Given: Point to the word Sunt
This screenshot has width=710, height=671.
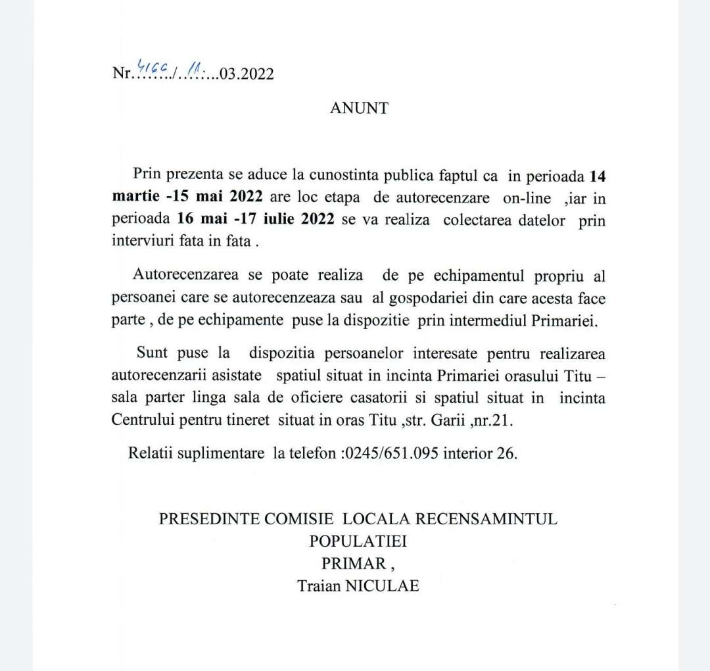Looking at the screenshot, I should point(153,354).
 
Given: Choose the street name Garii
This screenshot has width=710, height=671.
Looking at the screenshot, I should point(448,421).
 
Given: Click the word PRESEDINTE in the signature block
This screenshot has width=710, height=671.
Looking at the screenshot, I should point(208,519).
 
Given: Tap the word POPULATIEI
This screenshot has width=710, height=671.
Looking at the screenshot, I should point(358,541).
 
